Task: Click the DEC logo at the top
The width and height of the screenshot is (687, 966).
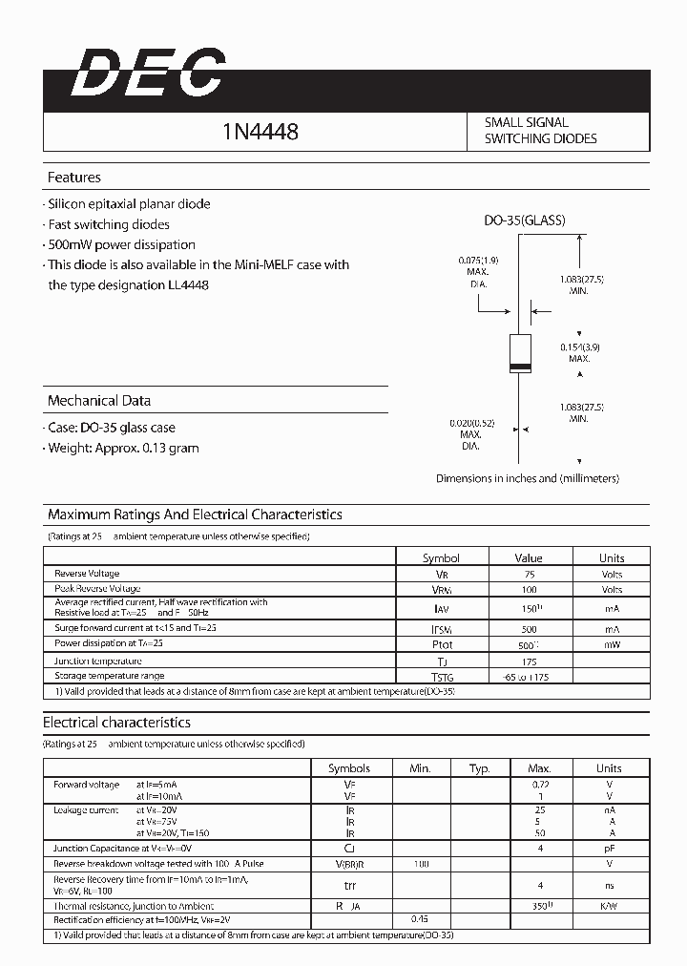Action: pos(149,73)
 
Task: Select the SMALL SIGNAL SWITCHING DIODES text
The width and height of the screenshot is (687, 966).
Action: pos(540,131)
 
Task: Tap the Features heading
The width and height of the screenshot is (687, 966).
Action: pos(74,178)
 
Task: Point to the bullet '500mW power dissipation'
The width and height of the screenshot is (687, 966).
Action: pos(121,244)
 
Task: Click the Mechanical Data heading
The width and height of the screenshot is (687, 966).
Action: pos(99,401)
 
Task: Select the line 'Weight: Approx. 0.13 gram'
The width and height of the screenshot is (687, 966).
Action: pos(123,448)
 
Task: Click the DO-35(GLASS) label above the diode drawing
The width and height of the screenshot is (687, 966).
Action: pos(524,220)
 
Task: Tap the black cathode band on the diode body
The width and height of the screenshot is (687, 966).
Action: pos(519,367)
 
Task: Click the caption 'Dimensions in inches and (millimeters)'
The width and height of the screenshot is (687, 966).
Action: pos(527,478)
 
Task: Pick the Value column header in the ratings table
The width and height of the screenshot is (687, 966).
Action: pos(528,557)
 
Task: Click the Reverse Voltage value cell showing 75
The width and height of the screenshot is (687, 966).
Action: pos(529,574)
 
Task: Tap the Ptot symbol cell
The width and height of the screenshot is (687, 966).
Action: pos(441,644)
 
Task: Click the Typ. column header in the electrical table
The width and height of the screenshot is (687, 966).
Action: pos(479,767)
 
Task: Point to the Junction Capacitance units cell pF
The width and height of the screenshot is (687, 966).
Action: pos(609,848)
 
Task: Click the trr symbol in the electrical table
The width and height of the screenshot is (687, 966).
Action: pos(349,884)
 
